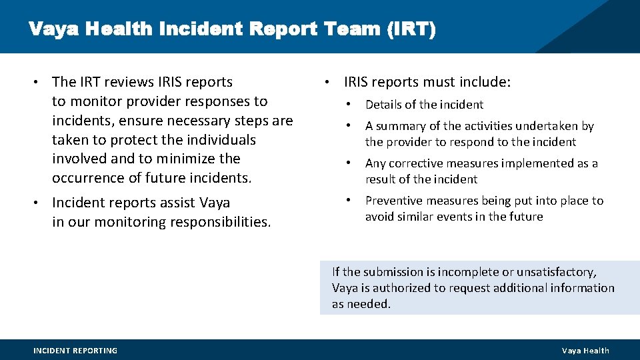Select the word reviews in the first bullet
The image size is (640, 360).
click(x=129, y=82)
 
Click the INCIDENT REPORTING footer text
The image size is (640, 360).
click(x=75, y=351)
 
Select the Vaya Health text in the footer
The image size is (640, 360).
click(x=585, y=351)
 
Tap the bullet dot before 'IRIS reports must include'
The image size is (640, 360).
click(x=327, y=82)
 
